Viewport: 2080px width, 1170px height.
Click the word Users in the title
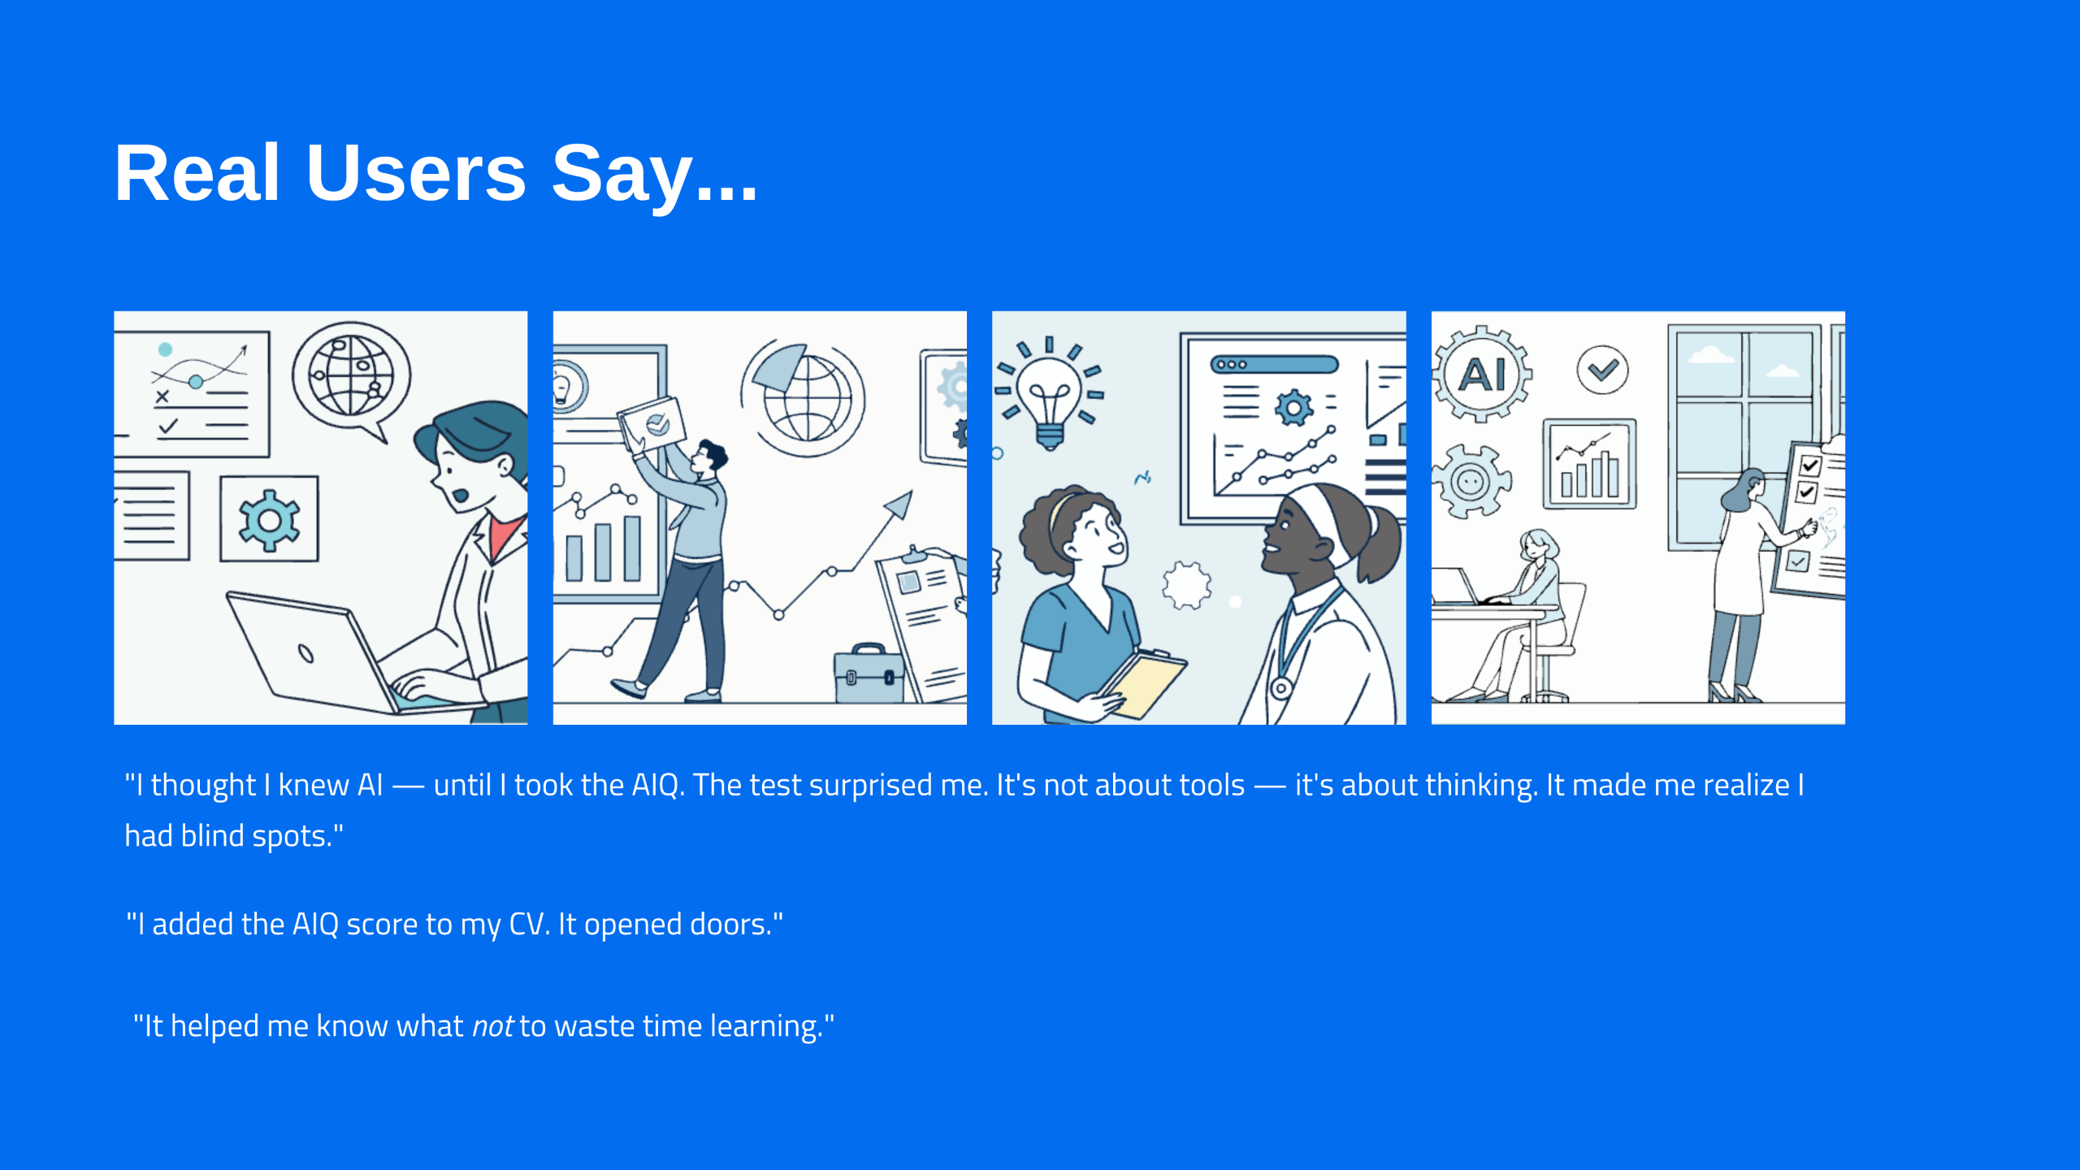pyautogui.click(x=417, y=172)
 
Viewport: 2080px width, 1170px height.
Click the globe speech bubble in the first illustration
pyautogui.click(x=352, y=378)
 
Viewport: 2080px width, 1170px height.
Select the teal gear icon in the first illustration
pyautogui.click(x=269, y=520)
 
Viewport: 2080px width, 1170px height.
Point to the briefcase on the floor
pyautogui.click(x=869, y=674)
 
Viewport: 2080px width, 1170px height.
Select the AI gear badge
pyautogui.click(x=1481, y=375)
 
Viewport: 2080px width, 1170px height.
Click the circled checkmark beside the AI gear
pyautogui.click(x=1602, y=370)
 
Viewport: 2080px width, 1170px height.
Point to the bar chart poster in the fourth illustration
pyautogui.click(x=1589, y=464)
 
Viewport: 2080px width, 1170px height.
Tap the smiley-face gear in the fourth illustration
pyautogui.click(x=1470, y=482)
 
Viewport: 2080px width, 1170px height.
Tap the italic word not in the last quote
pyautogui.click(x=492, y=1026)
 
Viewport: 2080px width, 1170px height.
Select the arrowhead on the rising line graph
pyautogui.click(x=900, y=504)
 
